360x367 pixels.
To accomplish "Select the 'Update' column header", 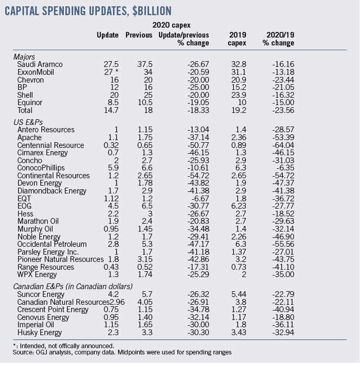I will (x=108, y=35).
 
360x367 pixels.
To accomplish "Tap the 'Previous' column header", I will (x=139, y=35).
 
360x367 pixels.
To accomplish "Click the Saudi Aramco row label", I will (x=38, y=64).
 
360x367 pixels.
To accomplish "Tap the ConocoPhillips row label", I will (x=41, y=168).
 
